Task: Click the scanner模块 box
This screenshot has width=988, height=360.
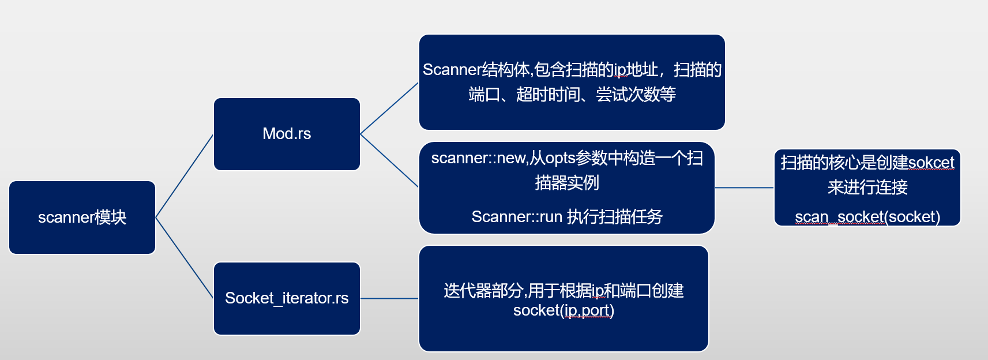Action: (x=82, y=217)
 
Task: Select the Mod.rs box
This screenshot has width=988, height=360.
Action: (x=287, y=134)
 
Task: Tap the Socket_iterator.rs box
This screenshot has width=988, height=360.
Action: (x=287, y=298)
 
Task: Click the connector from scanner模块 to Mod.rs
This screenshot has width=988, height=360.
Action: (x=185, y=176)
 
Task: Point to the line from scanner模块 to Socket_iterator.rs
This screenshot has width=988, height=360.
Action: (x=185, y=258)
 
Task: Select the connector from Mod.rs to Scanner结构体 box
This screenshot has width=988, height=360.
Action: (x=389, y=108)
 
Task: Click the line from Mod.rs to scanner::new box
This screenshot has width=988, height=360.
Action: (x=389, y=161)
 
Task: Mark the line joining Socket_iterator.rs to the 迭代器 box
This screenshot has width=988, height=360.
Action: (x=389, y=298)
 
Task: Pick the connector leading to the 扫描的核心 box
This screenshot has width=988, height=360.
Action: (x=744, y=187)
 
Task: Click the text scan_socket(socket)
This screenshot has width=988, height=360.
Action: (x=867, y=217)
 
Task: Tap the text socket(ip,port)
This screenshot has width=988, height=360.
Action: (x=564, y=310)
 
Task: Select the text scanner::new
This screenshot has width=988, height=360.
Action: (x=478, y=158)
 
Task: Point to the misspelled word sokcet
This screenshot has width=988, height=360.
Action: (x=931, y=163)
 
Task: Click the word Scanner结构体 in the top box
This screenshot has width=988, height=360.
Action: (x=476, y=70)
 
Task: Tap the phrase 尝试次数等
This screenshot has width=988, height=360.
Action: (x=636, y=94)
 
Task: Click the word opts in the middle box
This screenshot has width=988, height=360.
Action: (x=559, y=158)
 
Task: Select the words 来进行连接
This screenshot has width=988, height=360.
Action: (x=867, y=187)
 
